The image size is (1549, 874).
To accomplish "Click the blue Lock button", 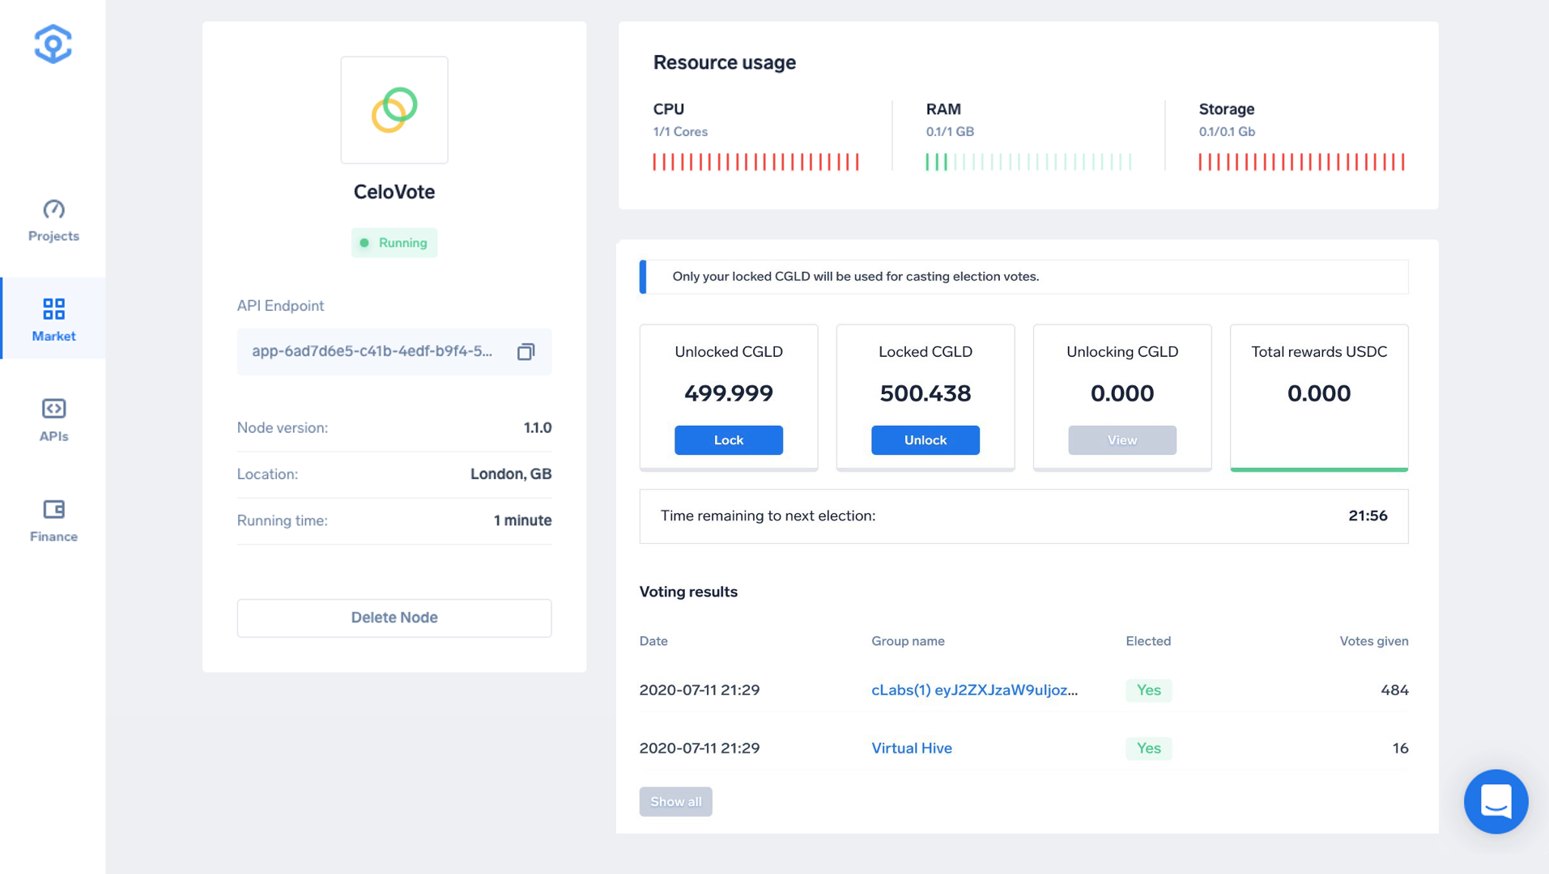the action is pyautogui.click(x=728, y=440).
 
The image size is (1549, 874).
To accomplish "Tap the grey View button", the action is pyautogui.click(x=1121, y=440).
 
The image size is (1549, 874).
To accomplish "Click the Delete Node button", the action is pyautogui.click(x=394, y=617).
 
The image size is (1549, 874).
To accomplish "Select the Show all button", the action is pyautogui.click(x=675, y=801).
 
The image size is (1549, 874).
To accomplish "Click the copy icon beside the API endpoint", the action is pyautogui.click(x=526, y=351).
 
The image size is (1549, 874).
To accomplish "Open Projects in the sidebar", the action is pyautogui.click(x=53, y=220).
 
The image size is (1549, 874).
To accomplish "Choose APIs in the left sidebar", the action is pyautogui.click(x=53, y=420).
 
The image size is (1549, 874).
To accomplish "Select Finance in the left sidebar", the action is pyautogui.click(x=53, y=520).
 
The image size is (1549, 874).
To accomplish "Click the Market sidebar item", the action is pyautogui.click(x=53, y=319).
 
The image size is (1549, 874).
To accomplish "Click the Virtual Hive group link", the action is pyautogui.click(x=912, y=748).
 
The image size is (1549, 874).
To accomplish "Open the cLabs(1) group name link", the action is pyautogui.click(x=974, y=689).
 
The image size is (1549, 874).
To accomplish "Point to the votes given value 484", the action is pyautogui.click(x=1394, y=689).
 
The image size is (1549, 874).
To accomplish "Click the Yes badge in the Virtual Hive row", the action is pyautogui.click(x=1148, y=748).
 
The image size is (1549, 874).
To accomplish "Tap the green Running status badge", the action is pyautogui.click(x=394, y=243).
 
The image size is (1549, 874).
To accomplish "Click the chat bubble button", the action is pyautogui.click(x=1496, y=801).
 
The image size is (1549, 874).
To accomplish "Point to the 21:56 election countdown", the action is pyautogui.click(x=1368, y=515).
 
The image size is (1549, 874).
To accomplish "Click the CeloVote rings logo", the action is pyautogui.click(x=394, y=110).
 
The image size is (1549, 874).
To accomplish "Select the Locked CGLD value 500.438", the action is pyautogui.click(x=925, y=393).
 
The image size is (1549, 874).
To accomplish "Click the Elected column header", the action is pyautogui.click(x=1147, y=641).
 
